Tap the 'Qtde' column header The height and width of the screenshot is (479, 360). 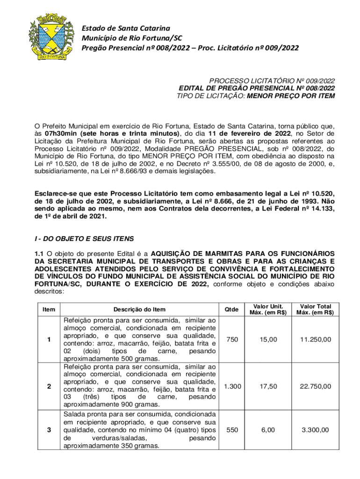tap(231, 309)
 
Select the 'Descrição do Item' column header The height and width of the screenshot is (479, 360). tap(139, 309)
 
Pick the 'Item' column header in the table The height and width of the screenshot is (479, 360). tap(49, 309)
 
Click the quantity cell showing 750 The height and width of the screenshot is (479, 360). tap(231, 339)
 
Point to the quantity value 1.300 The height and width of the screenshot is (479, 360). tap(232, 386)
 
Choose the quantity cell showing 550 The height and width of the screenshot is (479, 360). tap(231, 430)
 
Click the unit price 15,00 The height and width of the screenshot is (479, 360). tap(268, 339)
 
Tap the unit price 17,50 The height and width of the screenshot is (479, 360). tap(268, 386)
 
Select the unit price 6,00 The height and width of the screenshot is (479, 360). tap(268, 430)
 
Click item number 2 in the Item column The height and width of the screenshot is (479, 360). tap(49, 386)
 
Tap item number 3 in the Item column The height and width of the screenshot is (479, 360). tap(49, 430)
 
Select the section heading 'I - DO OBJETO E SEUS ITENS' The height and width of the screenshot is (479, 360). tap(84, 239)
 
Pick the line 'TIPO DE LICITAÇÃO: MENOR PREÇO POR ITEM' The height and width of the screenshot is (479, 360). tap(255, 96)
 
